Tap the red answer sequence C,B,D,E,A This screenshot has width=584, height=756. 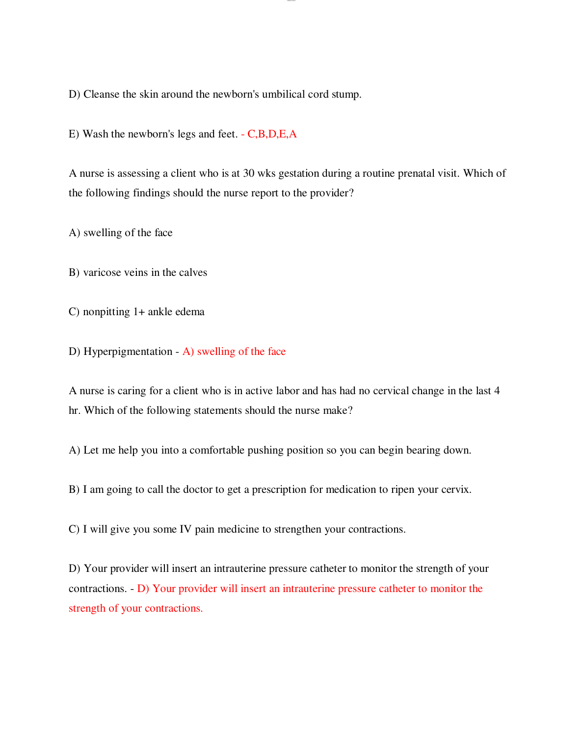click(x=272, y=134)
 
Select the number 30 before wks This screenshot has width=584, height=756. click(x=249, y=173)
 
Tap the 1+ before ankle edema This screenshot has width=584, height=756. click(x=139, y=312)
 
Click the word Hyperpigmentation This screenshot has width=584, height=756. click(x=128, y=351)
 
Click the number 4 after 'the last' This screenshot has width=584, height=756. click(x=497, y=391)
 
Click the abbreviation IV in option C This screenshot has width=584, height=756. click(x=186, y=529)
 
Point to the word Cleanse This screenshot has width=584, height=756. click(x=101, y=94)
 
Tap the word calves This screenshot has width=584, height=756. click(x=193, y=272)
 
